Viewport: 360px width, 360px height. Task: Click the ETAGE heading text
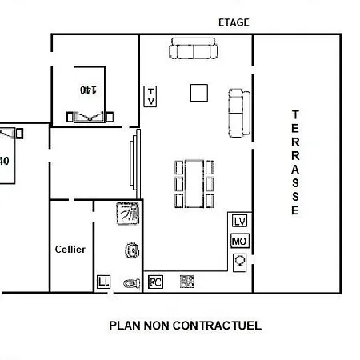tap(234, 22)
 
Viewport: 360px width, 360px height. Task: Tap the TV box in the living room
tap(150, 97)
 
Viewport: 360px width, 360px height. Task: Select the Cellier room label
tap(70, 250)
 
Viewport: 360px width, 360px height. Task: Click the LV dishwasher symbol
tap(239, 221)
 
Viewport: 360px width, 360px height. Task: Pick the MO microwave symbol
tap(240, 241)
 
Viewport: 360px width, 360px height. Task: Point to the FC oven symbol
tap(155, 282)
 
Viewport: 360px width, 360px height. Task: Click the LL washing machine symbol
tap(103, 282)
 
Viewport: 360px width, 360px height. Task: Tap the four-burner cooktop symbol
tap(187, 282)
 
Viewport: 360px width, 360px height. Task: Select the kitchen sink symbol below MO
tap(240, 262)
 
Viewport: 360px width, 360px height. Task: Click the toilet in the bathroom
tap(132, 283)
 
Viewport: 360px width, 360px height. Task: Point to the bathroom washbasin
tap(133, 250)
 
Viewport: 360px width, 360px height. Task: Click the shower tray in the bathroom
tap(128, 214)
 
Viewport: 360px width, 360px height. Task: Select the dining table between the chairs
tap(194, 184)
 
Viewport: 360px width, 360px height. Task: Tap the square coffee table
tap(199, 93)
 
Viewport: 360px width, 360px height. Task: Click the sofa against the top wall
tap(194, 48)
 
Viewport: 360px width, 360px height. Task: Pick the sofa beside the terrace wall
tap(239, 113)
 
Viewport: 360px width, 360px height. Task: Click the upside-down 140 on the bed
tap(89, 90)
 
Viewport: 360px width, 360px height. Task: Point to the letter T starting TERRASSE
tap(295, 114)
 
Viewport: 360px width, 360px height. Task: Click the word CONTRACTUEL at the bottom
tap(217, 326)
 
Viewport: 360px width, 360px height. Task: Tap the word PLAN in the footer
tap(125, 326)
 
